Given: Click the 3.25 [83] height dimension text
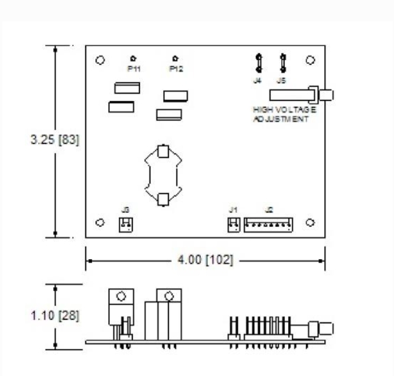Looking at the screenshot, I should pyautogui.click(x=54, y=141).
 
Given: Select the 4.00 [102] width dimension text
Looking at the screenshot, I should pyautogui.click(x=205, y=260).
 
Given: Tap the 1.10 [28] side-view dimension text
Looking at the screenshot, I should pyautogui.click(x=54, y=316).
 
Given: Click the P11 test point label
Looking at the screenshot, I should pyautogui.click(x=134, y=69).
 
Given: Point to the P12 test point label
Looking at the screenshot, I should pyautogui.click(x=175, y=69).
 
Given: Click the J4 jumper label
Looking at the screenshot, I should pyautogui.click(x=257, y=80).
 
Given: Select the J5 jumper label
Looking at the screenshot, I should pyautogui.click(x=282, y=80).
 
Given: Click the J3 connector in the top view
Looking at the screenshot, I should pyautogui.click(x=125, y=224).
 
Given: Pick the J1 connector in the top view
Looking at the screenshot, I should pyautogui.click(x=233, y=224).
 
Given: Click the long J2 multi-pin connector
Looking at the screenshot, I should pyautogui.click(x=268, y=224).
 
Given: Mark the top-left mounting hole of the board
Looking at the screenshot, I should pyautogui.click(x=100, y=60).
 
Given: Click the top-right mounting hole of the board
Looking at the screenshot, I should pyautogui.click(x=310, y=60).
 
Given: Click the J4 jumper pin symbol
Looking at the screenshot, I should pyautogui.click(x=258, y=62).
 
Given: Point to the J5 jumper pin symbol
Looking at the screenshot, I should pyautogui.click(x=283, y=62).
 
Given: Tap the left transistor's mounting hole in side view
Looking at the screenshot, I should pyautogui.click(x=121, y=296).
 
